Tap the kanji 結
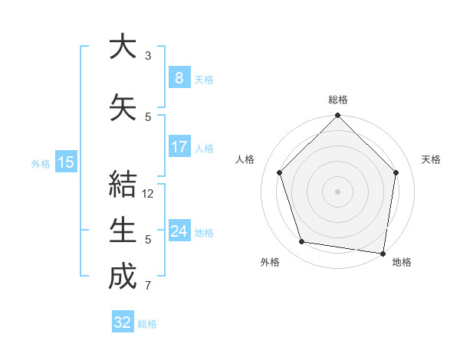(123, 184)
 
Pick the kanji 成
(123, 277)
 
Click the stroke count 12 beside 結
(148, 194)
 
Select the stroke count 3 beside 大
(148, 56)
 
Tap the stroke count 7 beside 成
(148, 286)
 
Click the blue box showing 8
(179, 78)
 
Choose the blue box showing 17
(179, 147)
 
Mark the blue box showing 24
(179, 231)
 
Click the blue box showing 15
(65, 162)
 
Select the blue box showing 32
(123, 322)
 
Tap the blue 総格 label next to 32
(147, 324)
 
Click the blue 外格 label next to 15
(41, 163)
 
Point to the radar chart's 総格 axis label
(337, 100)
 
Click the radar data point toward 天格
(396, 172)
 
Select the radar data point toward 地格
(383, 253)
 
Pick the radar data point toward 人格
(279, 172)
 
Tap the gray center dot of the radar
(337, 191)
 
